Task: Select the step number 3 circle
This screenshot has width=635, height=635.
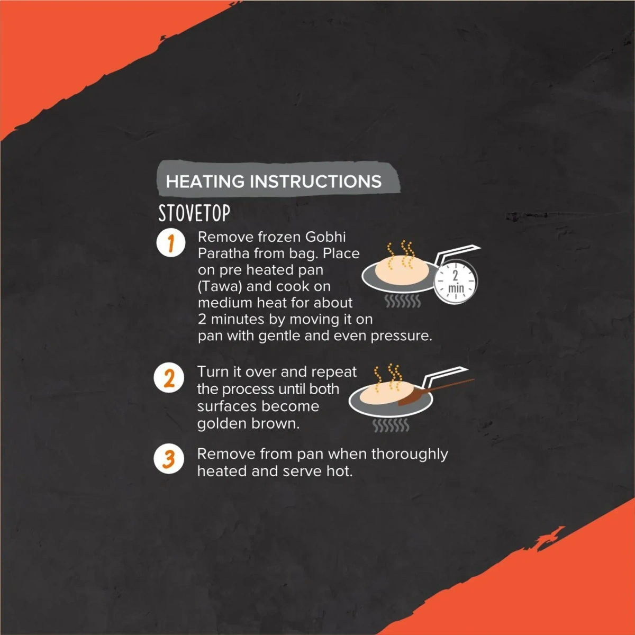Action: pyautogui.click(x=169, y=458)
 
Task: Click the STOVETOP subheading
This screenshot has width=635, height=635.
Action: pyautogui.click(x=194, y=213)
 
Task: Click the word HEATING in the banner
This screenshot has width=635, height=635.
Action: pyautogui.click(x=205, y=182)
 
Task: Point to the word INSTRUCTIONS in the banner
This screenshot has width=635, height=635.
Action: pyautogui.click(x=315, y=182)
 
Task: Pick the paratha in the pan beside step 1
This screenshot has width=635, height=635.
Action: pyautogui.click(x=402, y=270)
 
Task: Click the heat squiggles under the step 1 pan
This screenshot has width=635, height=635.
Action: pyautogui.click(x=403, y=302)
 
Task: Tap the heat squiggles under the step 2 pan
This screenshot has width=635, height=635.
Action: pyautogui.click(x=391, y=425)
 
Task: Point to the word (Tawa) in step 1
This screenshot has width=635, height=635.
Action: pyautogui.click(x=220, y=287)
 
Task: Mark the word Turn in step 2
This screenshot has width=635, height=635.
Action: pyautogui.click(x=213, y=372)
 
